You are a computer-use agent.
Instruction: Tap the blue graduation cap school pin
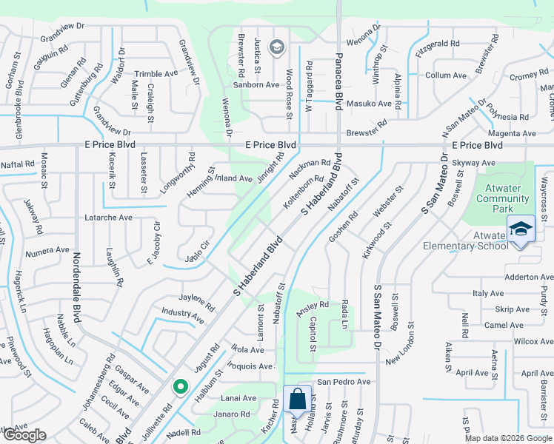(520, 228)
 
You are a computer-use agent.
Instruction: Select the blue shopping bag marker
(296, 400)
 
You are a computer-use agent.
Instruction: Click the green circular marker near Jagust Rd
(179, 386)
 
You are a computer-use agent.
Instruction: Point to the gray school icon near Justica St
(277, 48)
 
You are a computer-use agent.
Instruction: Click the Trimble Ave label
(156, 74)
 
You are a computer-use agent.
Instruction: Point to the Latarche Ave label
(108, 218)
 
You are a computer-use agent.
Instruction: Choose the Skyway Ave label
(472, 161)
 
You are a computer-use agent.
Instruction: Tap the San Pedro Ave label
(344, 382)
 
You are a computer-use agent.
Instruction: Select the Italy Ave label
(488, 294)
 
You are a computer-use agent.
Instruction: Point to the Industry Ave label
(182, 316)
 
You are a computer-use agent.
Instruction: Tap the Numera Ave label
(47, 251)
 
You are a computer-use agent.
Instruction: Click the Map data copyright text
(508, 437)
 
